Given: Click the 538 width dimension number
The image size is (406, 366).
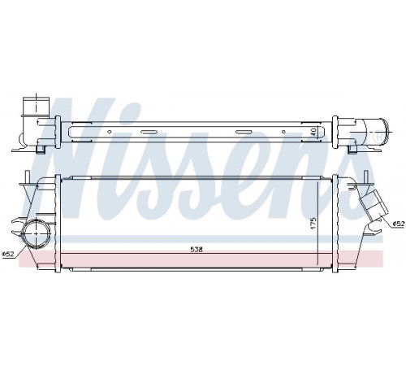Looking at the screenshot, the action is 197,250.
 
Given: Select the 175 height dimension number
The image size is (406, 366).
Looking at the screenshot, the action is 313,223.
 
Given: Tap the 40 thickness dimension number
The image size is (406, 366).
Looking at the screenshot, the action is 313,132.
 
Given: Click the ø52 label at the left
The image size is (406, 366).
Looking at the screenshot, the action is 8,254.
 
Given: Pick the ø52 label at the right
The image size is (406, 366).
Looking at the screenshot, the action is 399,224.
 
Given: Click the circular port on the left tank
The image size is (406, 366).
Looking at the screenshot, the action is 37,233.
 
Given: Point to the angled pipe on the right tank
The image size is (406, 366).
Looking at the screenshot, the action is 374,203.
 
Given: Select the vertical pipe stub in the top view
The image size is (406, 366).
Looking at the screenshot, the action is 37,107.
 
